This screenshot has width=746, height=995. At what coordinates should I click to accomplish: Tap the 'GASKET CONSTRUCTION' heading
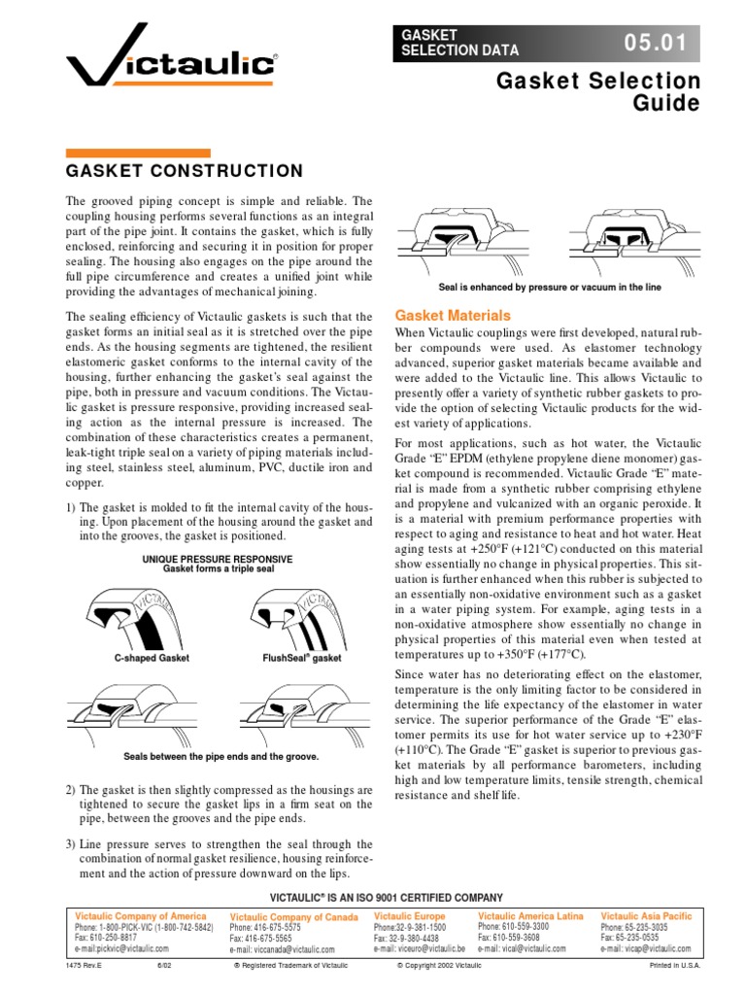click(184, 171)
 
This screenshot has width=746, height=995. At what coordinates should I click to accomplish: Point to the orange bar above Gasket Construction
click(137, 153)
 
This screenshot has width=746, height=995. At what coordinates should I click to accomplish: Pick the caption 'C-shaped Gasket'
click(152, 658)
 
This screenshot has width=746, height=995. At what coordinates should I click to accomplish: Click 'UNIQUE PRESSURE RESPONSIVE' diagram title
click(218, 559)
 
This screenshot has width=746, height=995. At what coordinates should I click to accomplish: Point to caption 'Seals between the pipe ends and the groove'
click(221, 756)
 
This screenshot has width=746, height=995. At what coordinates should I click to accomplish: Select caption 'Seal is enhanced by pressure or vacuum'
click(551, 288)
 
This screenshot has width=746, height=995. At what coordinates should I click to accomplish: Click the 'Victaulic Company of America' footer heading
click(141, 916)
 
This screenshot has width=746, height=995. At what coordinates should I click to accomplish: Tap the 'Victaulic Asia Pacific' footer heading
click(646, 916)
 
